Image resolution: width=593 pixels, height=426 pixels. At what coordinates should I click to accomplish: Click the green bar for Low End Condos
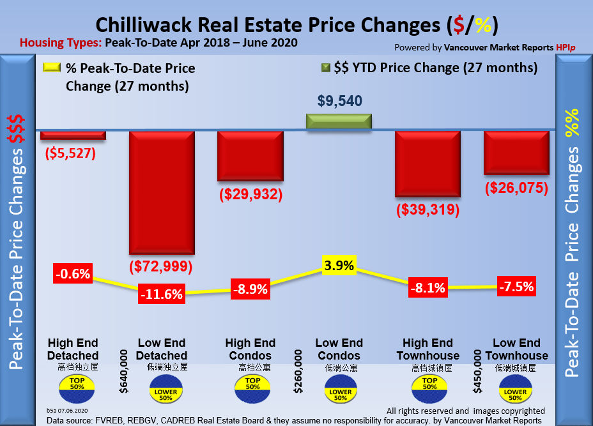339,122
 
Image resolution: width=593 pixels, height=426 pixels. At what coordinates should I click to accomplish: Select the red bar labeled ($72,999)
162,192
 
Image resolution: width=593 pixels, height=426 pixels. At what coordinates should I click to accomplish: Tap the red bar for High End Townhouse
427,165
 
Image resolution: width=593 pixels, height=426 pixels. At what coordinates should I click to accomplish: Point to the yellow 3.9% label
339,266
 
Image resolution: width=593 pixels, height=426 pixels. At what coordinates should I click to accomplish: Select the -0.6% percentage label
73,275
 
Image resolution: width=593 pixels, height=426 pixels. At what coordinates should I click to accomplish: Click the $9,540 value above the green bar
339,100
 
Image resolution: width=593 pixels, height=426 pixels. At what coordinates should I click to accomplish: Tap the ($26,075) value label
516,188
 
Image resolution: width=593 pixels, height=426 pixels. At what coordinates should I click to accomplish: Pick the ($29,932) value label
250,194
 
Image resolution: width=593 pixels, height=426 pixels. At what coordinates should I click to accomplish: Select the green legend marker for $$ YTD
325,67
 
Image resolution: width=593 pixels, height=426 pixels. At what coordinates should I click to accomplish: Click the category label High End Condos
250,349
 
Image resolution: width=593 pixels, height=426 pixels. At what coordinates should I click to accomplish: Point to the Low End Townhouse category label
516,349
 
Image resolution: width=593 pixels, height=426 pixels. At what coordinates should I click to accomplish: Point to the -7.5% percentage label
516,286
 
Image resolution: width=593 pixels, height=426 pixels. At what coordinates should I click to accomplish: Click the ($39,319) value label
427,209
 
